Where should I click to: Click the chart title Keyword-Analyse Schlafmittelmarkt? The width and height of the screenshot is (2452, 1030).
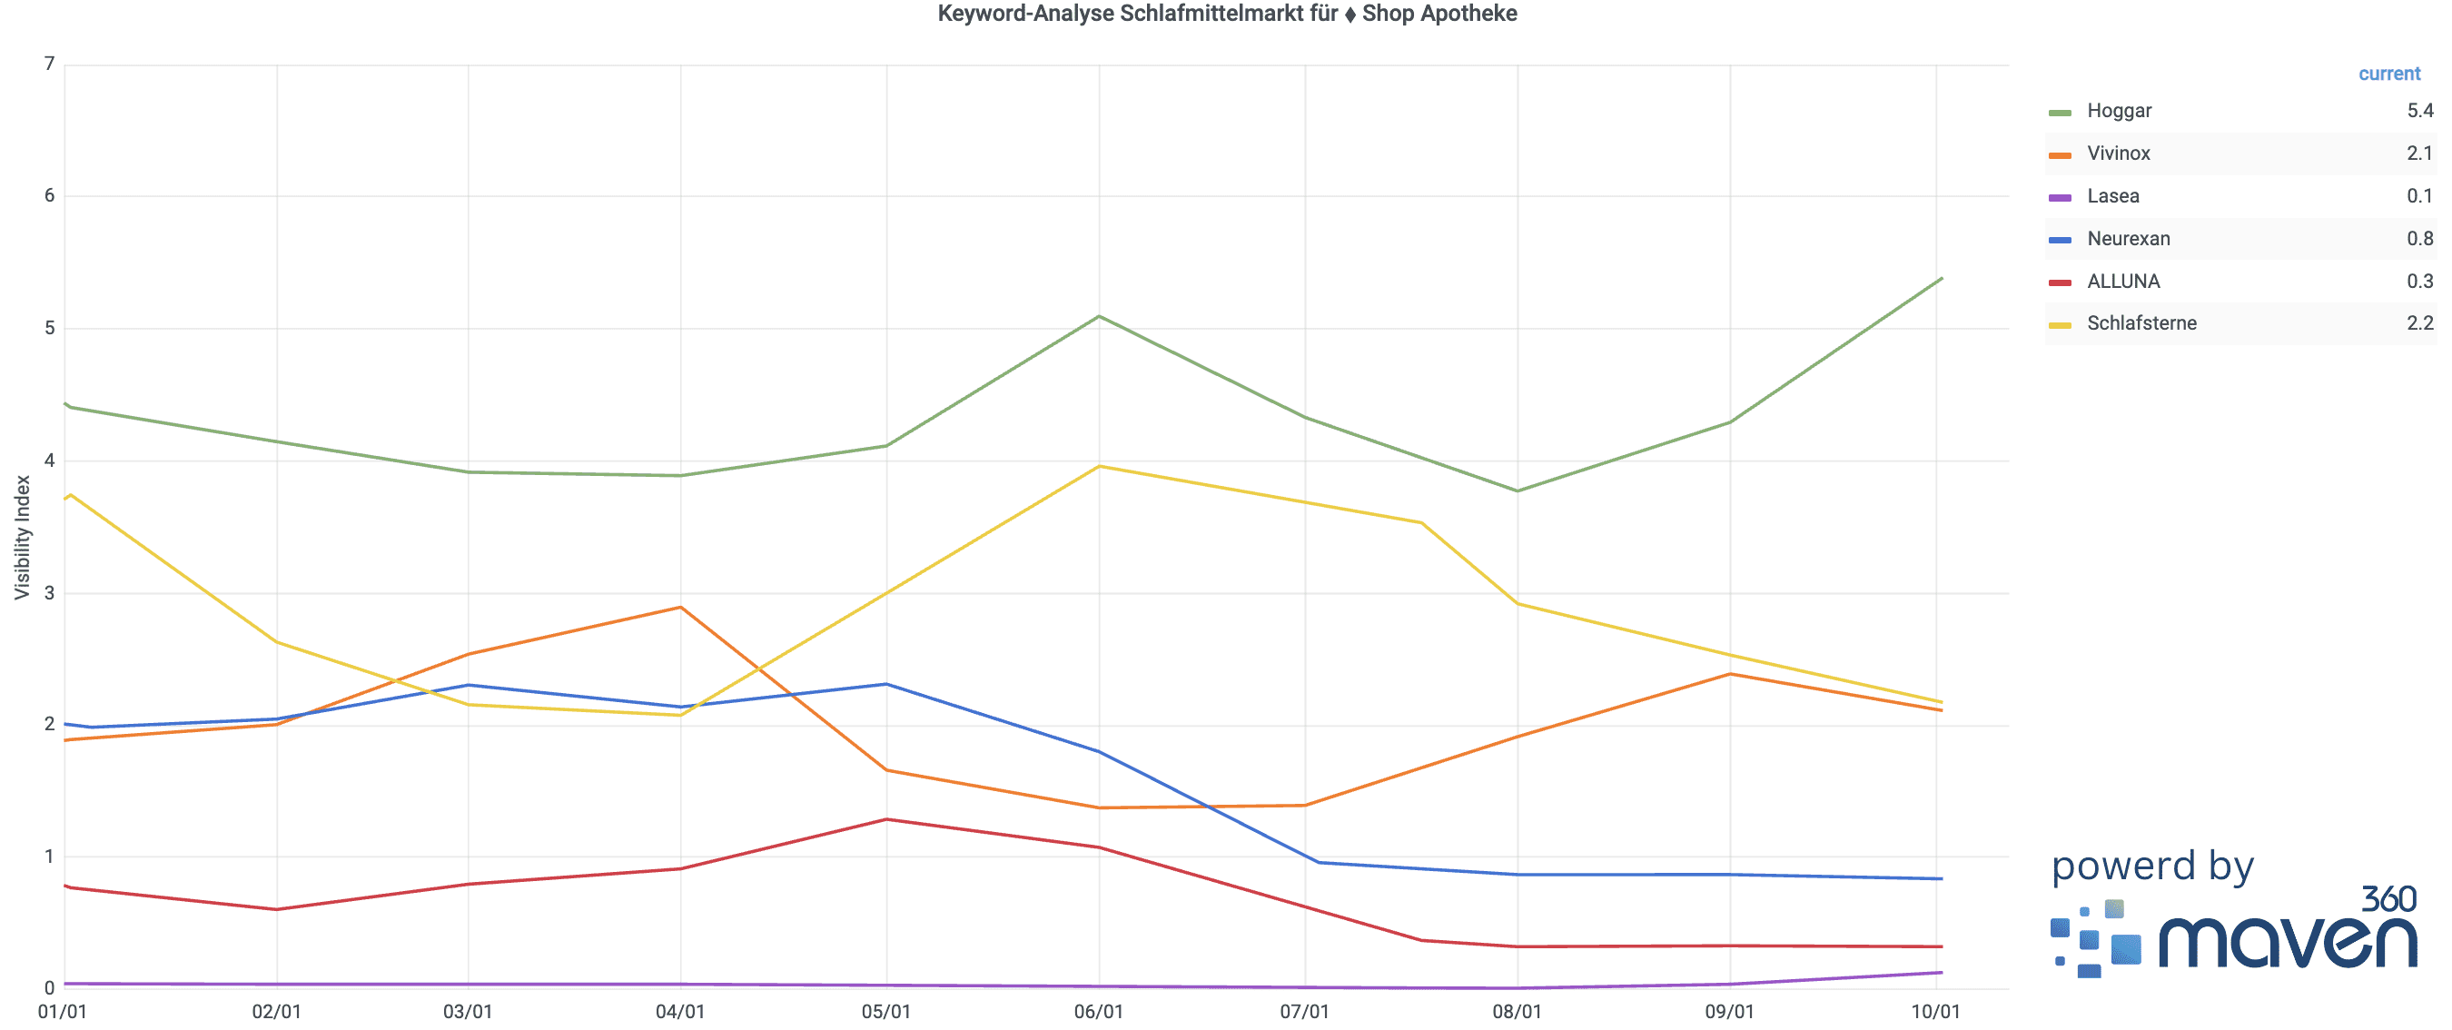pyautogui.click(x=1226, y=14)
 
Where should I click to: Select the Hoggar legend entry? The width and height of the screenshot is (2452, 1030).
pyautogui.click(x=2118, y=111)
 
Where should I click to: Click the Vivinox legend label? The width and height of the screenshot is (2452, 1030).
pyautogui.click(x=2118, y=154)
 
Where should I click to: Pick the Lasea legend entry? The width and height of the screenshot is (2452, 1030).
pyautogui.click(x=2112, y=196)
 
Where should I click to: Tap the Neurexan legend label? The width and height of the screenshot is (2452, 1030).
pyautogui.click(x=2128, y=239)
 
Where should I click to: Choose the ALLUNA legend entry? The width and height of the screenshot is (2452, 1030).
pyautogui.click(x=2122, y=282)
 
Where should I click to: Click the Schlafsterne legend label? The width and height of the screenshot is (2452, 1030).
pyautogui.click(x=2141, y=323)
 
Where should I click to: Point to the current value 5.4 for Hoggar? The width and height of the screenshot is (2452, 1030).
pyautogui.click(x=2418, y=111)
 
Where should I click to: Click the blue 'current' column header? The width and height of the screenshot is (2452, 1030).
pyautogui.click(x=2388, y=74)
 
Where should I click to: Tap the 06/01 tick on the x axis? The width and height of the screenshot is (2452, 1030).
pyautogui.click(x=1099, y=1011)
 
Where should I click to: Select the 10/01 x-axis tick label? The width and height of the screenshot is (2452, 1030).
pyautogui.click(x=1935, y=1011)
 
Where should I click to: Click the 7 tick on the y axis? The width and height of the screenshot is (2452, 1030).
pyautogui.click(x=50, y=64)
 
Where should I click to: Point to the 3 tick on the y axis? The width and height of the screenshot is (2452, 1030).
pyautogui.click(x=50, y=592)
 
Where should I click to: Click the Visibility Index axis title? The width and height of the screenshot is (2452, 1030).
pyautogui.click(x=22, y=537)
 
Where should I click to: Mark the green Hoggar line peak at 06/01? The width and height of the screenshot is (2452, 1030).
pyautogui.click(x=1100, y=316)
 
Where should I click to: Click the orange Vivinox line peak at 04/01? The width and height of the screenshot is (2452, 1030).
pyautogui.click(x=680, y=608)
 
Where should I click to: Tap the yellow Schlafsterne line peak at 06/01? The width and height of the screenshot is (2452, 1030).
pyautogui.click(x=1100, y=467)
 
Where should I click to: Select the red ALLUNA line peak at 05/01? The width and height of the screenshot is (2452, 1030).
pyautogui.click(x=886, y=818)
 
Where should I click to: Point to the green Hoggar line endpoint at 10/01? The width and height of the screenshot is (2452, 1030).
pyautogui.click(x=1941, y=279)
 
